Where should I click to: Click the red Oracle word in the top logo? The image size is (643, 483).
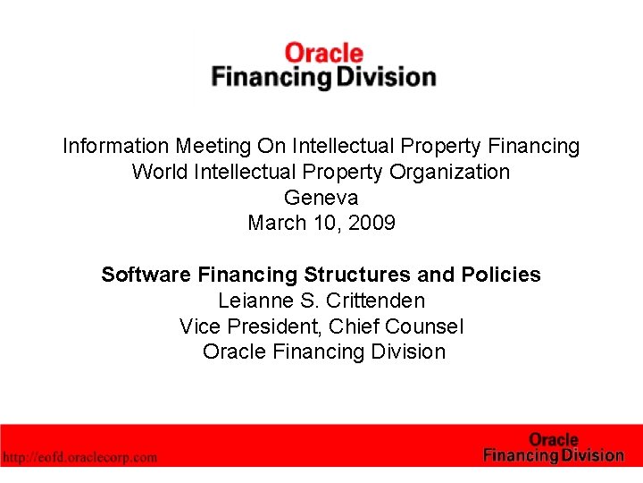[x=323, y=54]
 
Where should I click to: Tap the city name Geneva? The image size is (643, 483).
[x=321, y=198]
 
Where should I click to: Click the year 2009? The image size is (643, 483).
[x=371, y=223]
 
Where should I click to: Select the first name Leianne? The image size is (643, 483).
[x=255, y=301]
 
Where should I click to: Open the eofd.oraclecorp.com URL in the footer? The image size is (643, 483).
[x=80, y=457]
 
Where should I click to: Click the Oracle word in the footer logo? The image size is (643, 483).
[x=554, y=440]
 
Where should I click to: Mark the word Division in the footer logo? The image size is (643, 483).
[x=591, y=455]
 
